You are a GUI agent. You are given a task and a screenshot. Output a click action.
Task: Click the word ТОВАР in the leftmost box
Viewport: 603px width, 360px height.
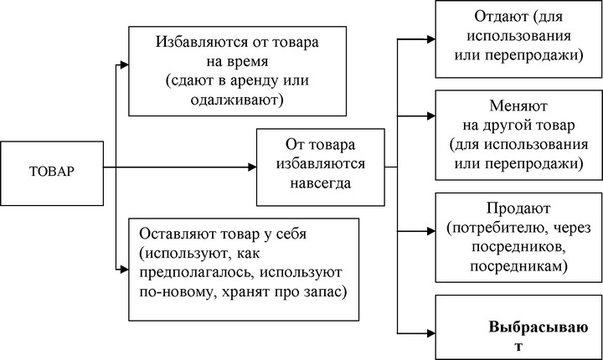click(52, 171)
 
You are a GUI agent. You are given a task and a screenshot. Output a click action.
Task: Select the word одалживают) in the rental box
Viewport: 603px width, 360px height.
click(236, 100)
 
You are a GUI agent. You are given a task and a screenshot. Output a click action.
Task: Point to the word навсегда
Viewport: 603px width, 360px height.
click(320, 183)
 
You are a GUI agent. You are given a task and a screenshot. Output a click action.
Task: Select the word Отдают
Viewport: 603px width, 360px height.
click(502, 17)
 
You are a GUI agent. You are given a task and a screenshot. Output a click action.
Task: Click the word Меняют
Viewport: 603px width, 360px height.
click(518, 105)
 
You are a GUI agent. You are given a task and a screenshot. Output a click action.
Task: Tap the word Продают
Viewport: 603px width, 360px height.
click(518, 208)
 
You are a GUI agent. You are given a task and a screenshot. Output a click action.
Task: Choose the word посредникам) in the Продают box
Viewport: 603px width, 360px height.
click(518, 266)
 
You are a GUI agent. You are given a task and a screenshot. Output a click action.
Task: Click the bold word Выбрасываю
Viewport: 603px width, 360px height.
click(539, 327)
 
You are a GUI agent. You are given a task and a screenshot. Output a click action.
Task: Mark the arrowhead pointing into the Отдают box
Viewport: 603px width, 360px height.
click(430, 39)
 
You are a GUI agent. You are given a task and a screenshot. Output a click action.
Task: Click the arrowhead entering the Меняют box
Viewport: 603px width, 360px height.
click(430, 116)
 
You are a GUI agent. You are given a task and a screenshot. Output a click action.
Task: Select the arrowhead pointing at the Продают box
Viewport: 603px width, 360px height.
click(430, 231)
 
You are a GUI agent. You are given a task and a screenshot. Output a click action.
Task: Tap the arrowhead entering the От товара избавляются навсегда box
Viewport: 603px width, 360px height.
click(252, 167)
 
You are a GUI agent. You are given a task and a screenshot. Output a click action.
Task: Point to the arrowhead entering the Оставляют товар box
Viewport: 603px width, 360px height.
click(124, 270)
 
